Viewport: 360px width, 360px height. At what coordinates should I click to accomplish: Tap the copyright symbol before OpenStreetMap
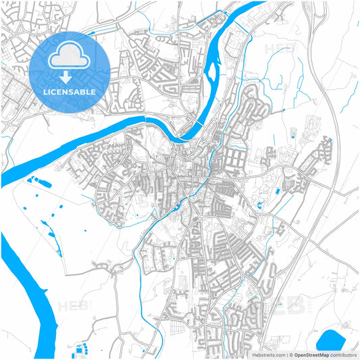tap(291, 355)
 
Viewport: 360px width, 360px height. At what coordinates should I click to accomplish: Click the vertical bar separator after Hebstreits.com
tap(286, 355)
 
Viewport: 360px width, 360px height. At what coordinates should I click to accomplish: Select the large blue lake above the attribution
tap(330, 340)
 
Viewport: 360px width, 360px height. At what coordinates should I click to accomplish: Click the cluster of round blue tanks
tap(82, 349)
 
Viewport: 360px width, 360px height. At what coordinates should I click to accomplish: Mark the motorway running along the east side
tap(333, 135)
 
